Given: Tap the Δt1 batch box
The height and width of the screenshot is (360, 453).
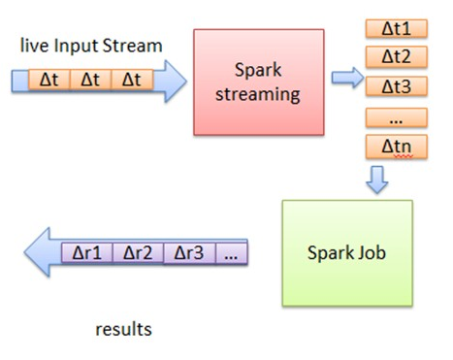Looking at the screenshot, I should (397, 28).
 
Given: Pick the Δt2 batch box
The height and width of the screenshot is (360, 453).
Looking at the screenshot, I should (397, 56).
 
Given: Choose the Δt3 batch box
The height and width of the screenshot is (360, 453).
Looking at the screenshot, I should (397, 85).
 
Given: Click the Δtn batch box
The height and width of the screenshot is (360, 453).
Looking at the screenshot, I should (397, 147).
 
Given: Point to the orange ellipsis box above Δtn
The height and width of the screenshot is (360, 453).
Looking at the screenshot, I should (397, 116).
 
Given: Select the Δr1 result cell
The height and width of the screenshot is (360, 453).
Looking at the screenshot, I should (89, 254).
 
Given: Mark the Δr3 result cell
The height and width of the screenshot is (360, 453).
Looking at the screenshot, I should (189, 254).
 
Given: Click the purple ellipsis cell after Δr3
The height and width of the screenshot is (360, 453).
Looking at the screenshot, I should (231, 254).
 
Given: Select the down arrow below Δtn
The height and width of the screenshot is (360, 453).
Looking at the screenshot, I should (379, 179).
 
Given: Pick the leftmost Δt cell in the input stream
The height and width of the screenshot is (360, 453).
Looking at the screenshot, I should (49, 80).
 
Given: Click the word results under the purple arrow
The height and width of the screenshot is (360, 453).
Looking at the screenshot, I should (123, 329).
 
